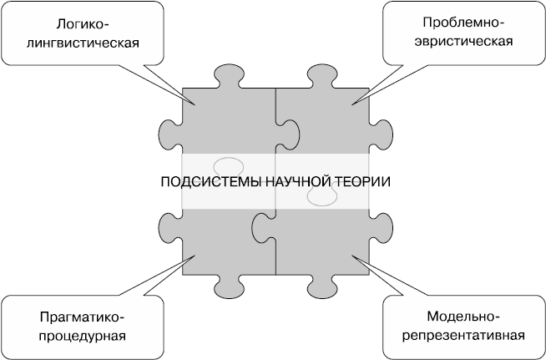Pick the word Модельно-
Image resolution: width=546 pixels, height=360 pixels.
[463, 318]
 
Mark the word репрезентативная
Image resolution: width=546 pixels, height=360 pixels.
[463, 336]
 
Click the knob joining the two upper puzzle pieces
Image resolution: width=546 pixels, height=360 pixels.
[291, 133]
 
